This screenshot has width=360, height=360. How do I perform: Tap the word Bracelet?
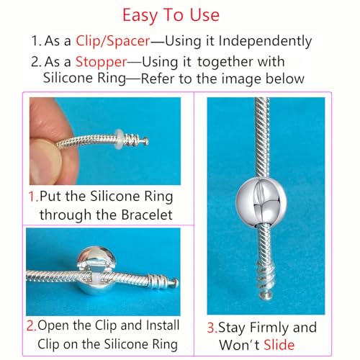click(x=143, y=214)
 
